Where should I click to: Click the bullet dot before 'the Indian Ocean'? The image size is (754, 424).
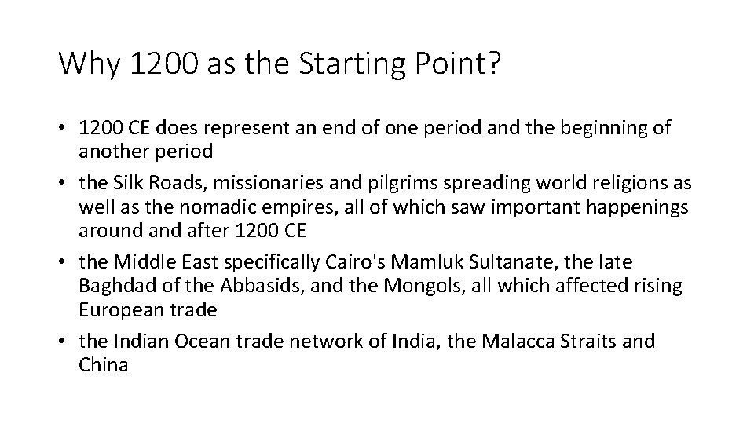(x=64, y=341)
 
